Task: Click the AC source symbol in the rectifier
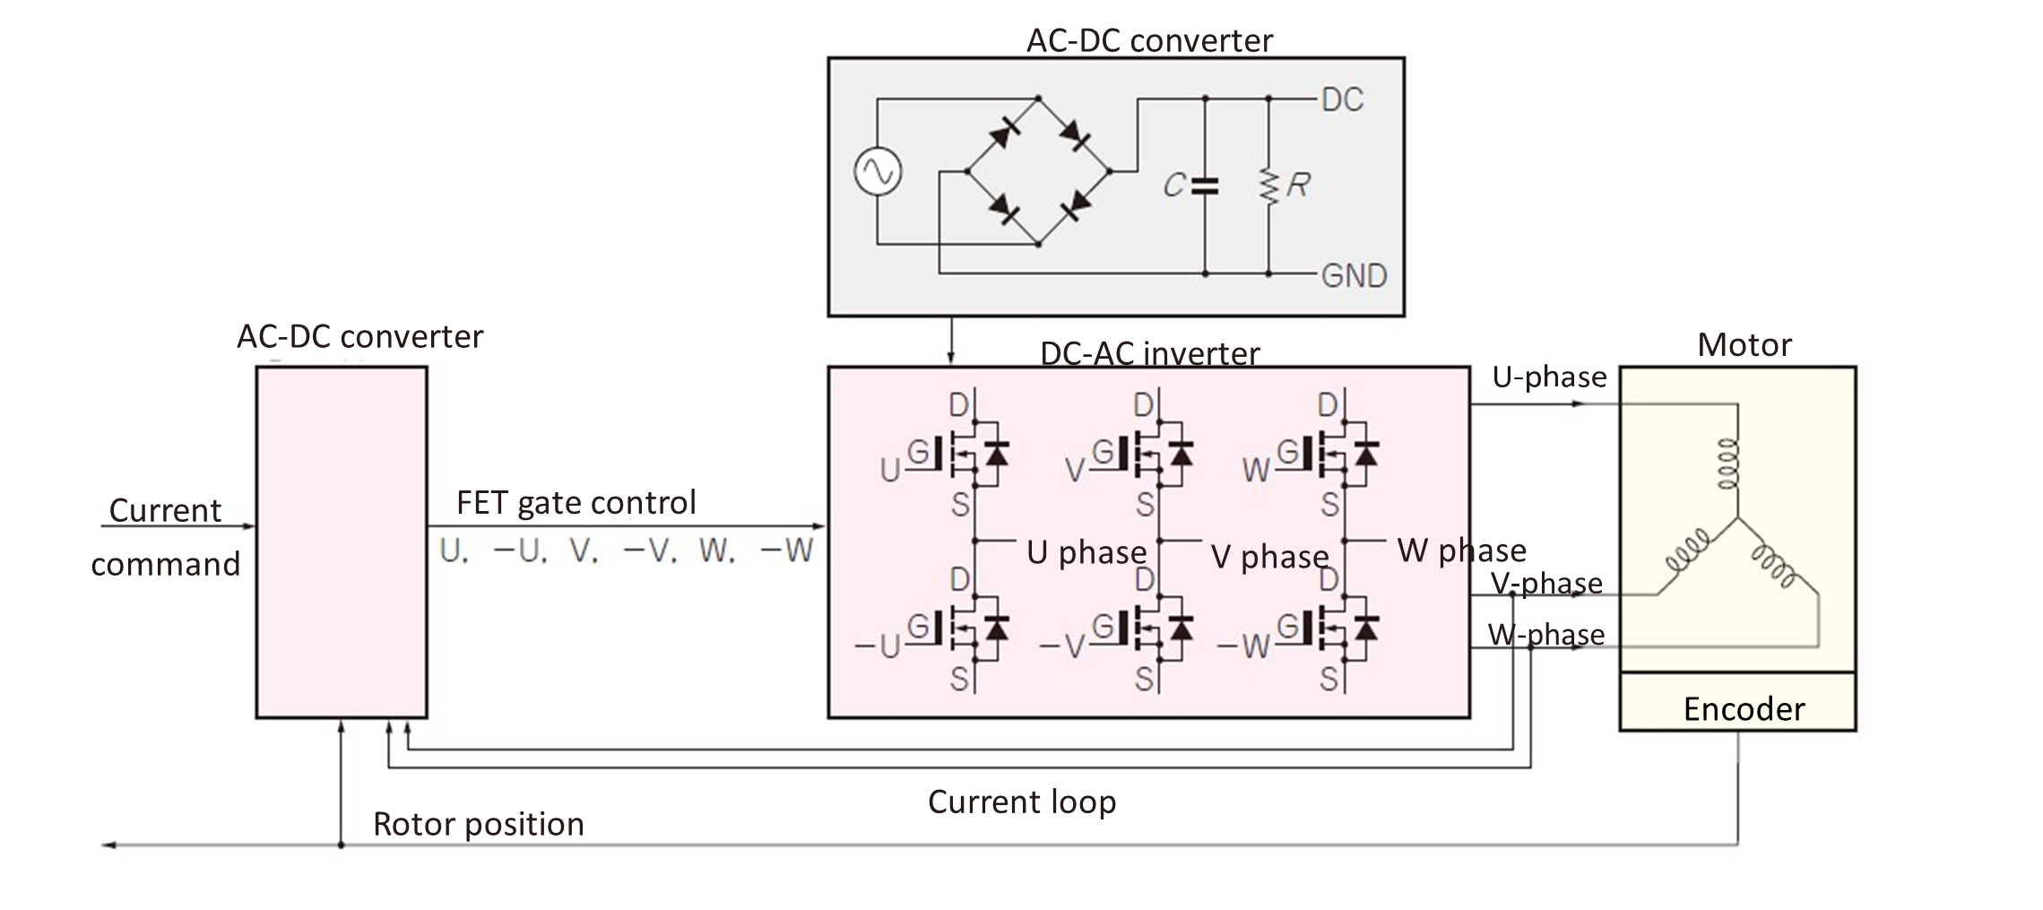[x=878, y=171]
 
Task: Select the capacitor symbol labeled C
[x=1204, y=186]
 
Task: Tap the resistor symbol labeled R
[x=1268, y=186]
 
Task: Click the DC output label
[x=1342, y=100]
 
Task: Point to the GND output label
[x=1354, y=274]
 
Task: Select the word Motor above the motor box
[x=1744, y=345]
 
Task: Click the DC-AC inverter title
[x=1149, y=353]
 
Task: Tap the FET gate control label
[x=576, y=502]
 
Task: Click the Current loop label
[x=1021, y=801]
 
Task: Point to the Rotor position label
[x=478, y=824]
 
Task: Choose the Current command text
[x=165, y=536]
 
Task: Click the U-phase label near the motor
[x=1549, y=377]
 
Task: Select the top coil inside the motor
[x=1729, y=462]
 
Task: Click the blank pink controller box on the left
[x=342, y=542]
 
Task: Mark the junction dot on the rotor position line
[x=341, y=845]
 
